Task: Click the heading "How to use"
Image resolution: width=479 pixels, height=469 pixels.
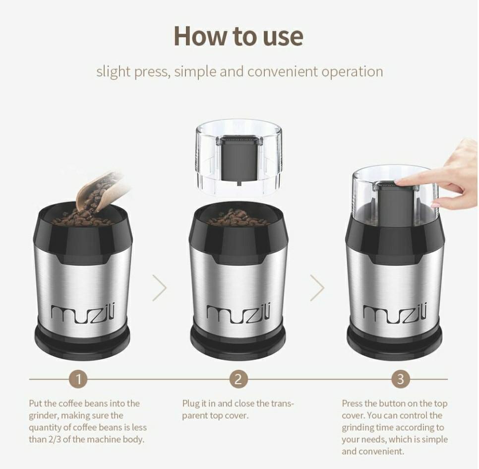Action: (239, 36)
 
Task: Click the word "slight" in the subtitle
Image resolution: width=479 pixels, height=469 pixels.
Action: (113, 71)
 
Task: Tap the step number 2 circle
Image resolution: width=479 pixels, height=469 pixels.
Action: (239, 380)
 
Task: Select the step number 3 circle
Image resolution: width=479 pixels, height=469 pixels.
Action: (401, 380)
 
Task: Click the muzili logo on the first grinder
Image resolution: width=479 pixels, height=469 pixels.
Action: (82, 313)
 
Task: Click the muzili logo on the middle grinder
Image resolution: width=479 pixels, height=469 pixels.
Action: (239, 313)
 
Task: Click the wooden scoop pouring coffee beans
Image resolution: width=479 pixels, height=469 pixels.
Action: (102, 191)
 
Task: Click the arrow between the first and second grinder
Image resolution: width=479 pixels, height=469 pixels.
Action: (160, 288)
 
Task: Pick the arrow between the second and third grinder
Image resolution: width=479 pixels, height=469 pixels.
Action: (317, 288)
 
